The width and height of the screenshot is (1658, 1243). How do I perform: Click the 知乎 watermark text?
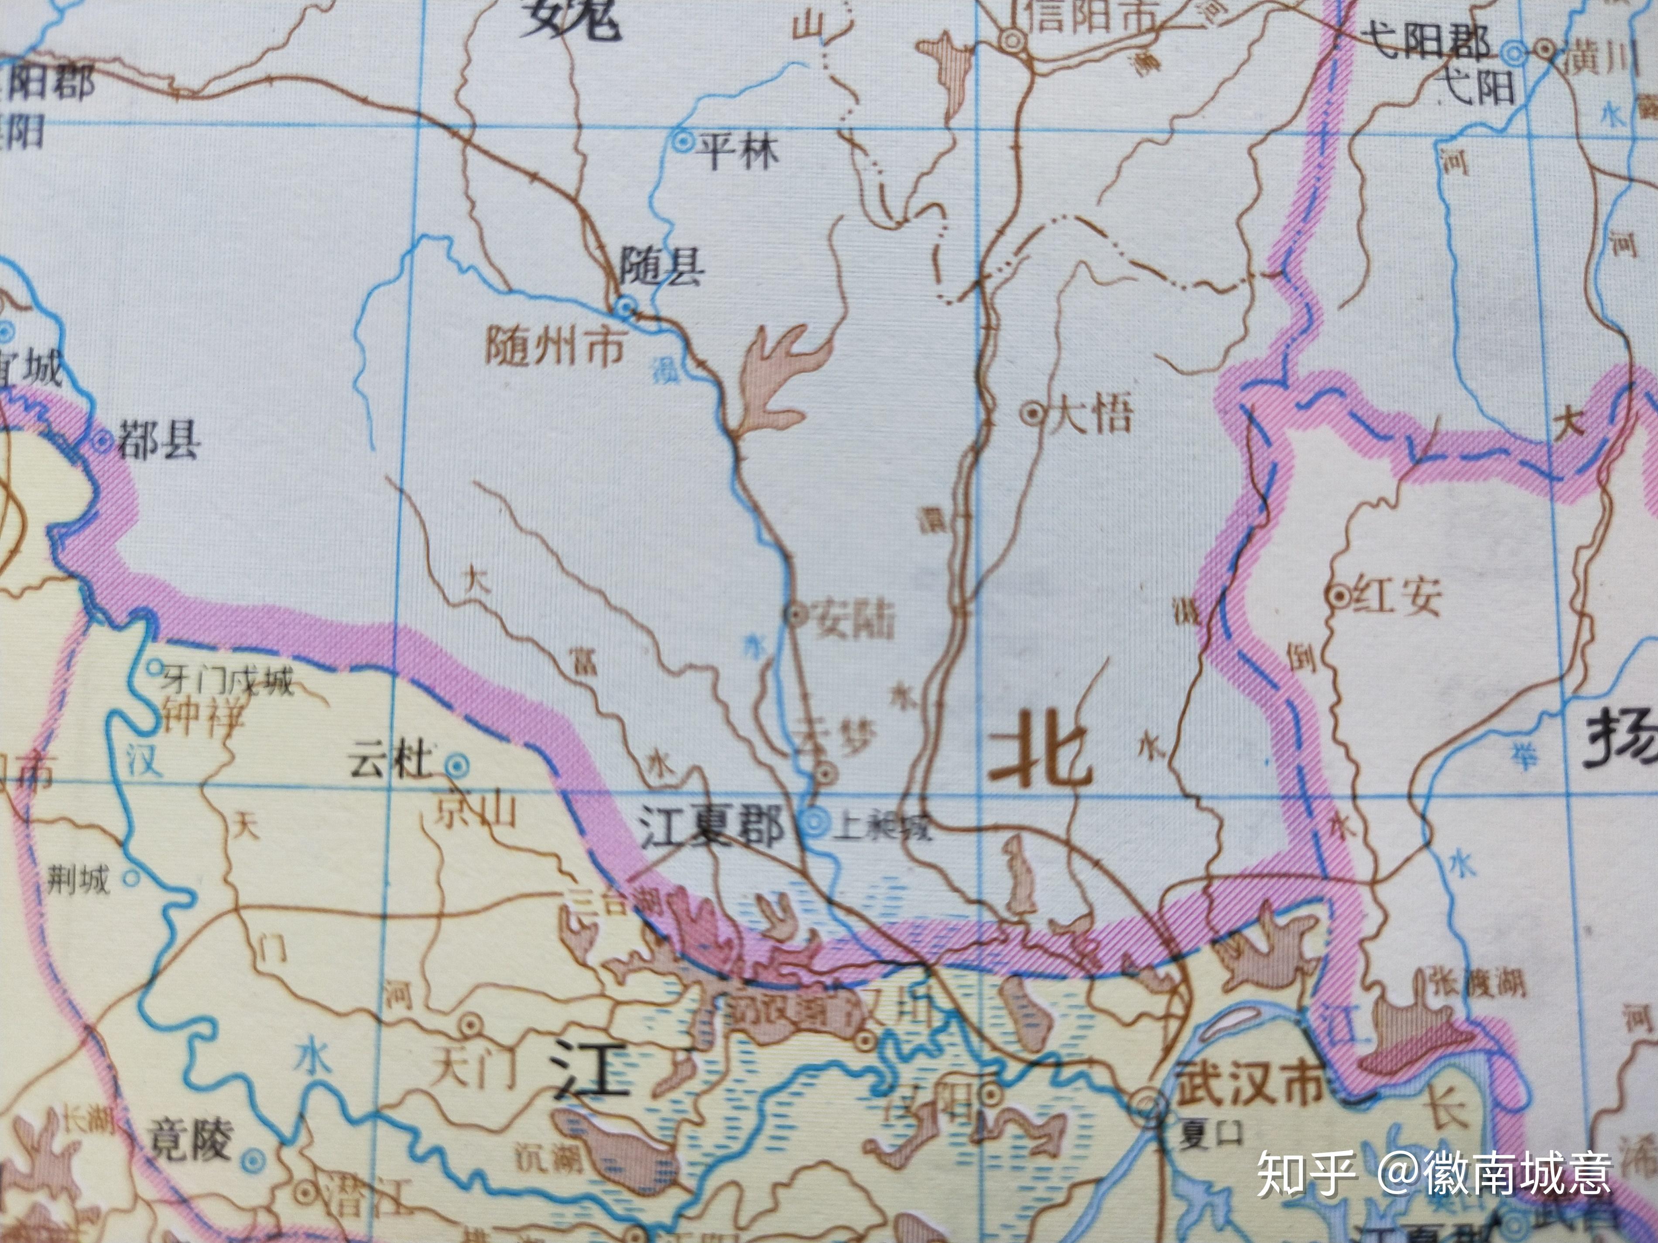click(1306, 1173)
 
